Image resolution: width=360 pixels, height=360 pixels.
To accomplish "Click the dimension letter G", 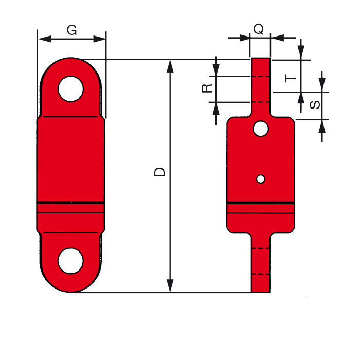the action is click(71, 30).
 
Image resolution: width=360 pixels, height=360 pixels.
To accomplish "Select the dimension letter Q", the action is click(259, 29).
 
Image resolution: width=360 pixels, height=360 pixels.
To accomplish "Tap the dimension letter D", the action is click(159, 172).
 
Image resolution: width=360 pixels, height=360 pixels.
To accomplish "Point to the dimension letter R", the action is click(207, 88).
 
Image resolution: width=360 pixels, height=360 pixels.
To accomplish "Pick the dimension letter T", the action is click(291, 78).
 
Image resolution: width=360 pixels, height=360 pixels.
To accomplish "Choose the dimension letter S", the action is click(315, 105).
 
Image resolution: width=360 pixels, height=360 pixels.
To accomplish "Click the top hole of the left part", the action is click(71, 89).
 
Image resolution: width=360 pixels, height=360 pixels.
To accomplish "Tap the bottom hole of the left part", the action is click(70, 261).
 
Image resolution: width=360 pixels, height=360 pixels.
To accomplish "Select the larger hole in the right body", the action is click(261, 129).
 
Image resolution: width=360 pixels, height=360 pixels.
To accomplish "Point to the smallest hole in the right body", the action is click(261, 179).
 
